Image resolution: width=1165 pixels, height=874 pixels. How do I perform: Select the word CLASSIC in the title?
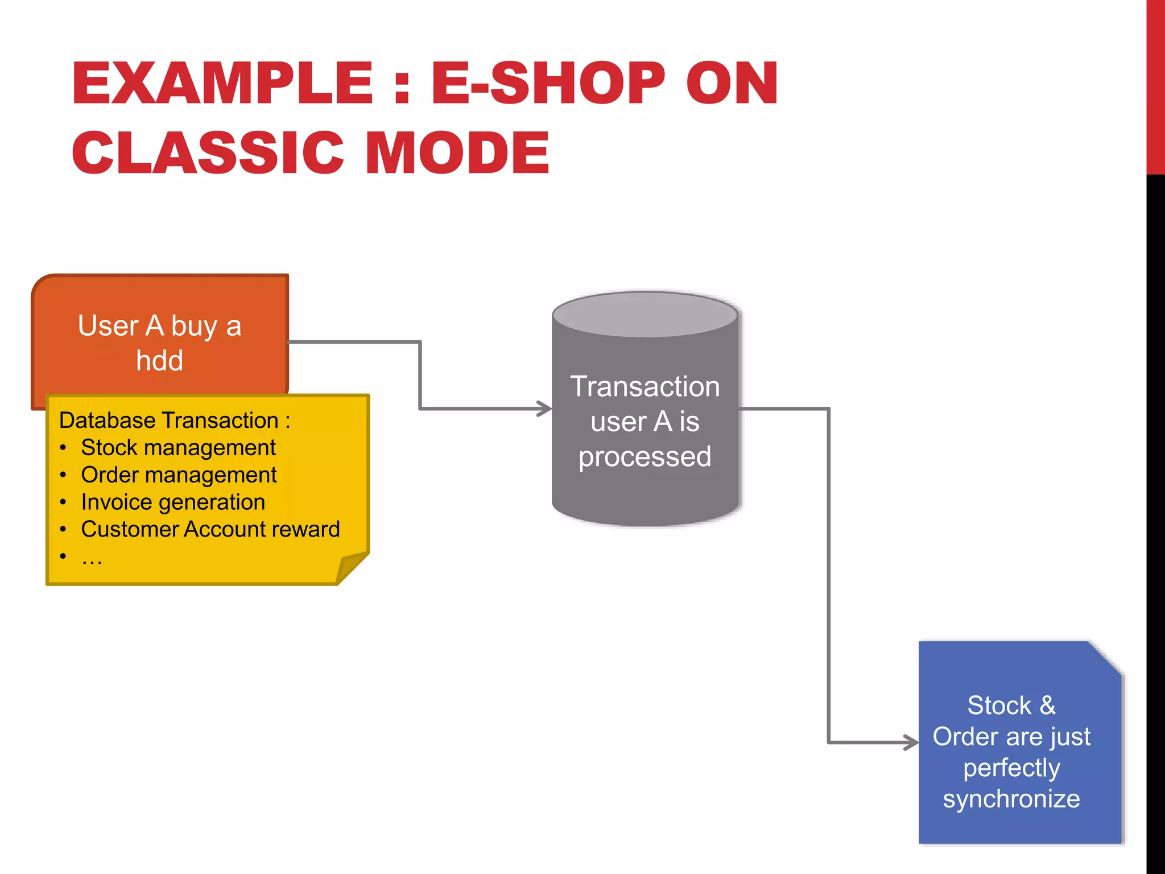pyautogui.click(x=208, y=152)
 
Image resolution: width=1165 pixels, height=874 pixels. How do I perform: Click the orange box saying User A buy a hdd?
pyautogui.click(x=159, y=307)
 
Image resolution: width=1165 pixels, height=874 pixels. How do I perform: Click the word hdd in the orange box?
pyautogui.click(x=159, y=361)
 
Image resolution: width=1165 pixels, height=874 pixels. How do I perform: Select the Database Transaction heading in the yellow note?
pyautogui.click(x=174, y=420)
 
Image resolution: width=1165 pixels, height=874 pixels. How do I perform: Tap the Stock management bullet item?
pyautogui.click(x=178, y=448)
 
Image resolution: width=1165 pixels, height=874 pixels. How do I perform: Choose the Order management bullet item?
pyautogui.click(x=179, y=475)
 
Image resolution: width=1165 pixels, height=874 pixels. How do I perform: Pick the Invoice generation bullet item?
pyautogui.click(x=173, y=502)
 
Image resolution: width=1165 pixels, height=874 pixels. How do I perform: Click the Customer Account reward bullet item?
pyautogui.click(x=210, y=530)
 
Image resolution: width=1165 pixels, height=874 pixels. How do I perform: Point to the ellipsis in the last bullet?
pyautogui.click(x=92, y=558)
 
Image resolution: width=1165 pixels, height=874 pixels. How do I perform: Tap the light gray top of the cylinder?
pyautogui.click(x=645, y=315)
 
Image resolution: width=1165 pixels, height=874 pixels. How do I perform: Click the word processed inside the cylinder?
pyautogui.click(x=645, y=457)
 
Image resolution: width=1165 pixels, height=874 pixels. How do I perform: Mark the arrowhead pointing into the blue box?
pyautogui.click(x=912, y=742)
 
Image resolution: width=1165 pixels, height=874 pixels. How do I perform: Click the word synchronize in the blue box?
pyautogui.click(x=1011, y=799)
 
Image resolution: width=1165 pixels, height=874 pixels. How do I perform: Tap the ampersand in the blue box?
pyautogui.click(x=1047, y=706)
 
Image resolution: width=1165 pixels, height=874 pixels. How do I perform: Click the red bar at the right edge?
pyautogui.click(x=1155, y=85)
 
